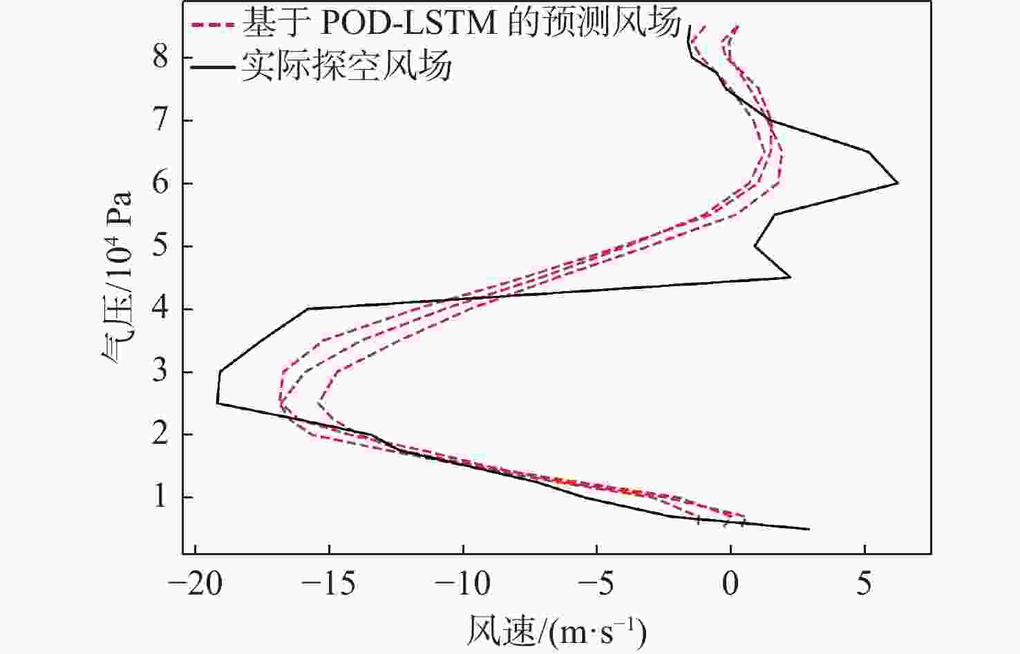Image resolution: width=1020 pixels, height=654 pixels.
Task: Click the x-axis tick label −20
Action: pos(196,585)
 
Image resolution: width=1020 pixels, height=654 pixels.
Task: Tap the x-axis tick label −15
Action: pos(329,585)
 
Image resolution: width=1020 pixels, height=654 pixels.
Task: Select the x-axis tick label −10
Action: pos(462,585)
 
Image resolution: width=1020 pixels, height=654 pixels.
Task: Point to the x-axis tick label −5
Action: pos(596,585)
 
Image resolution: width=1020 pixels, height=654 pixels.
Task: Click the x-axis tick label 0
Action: pos(731,585)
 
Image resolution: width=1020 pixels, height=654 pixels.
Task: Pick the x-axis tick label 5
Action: pos(865,585)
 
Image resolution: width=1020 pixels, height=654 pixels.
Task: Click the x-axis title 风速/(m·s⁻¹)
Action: pos(556,630)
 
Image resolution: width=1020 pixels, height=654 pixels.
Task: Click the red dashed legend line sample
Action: pos(214,26)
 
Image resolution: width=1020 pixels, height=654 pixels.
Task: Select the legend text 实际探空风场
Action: pos(347,66)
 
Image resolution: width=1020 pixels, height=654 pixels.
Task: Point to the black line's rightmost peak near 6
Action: pos(897,183)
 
